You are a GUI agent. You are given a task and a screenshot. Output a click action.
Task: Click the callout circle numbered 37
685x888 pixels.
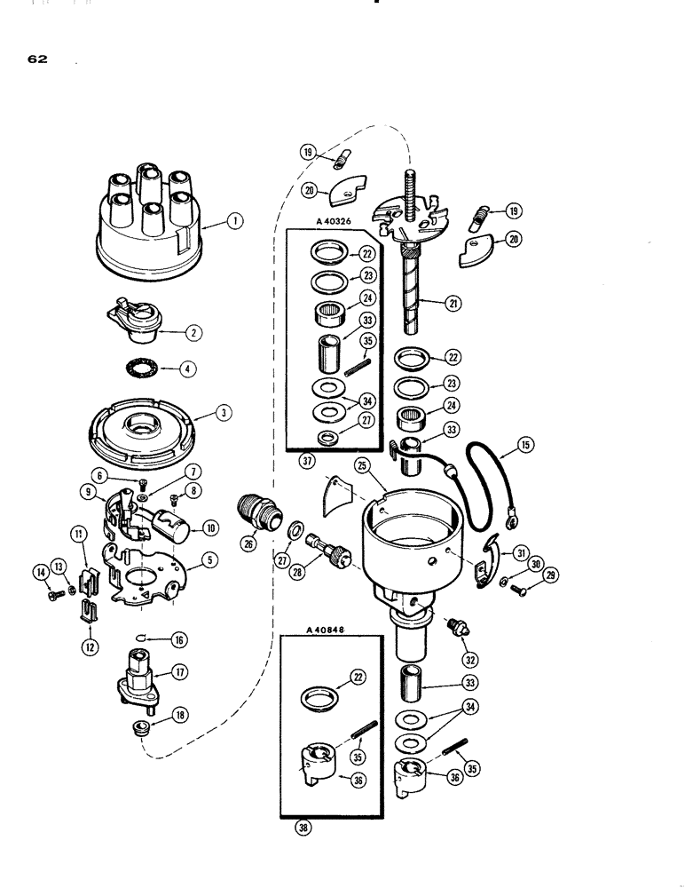point(306,462)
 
